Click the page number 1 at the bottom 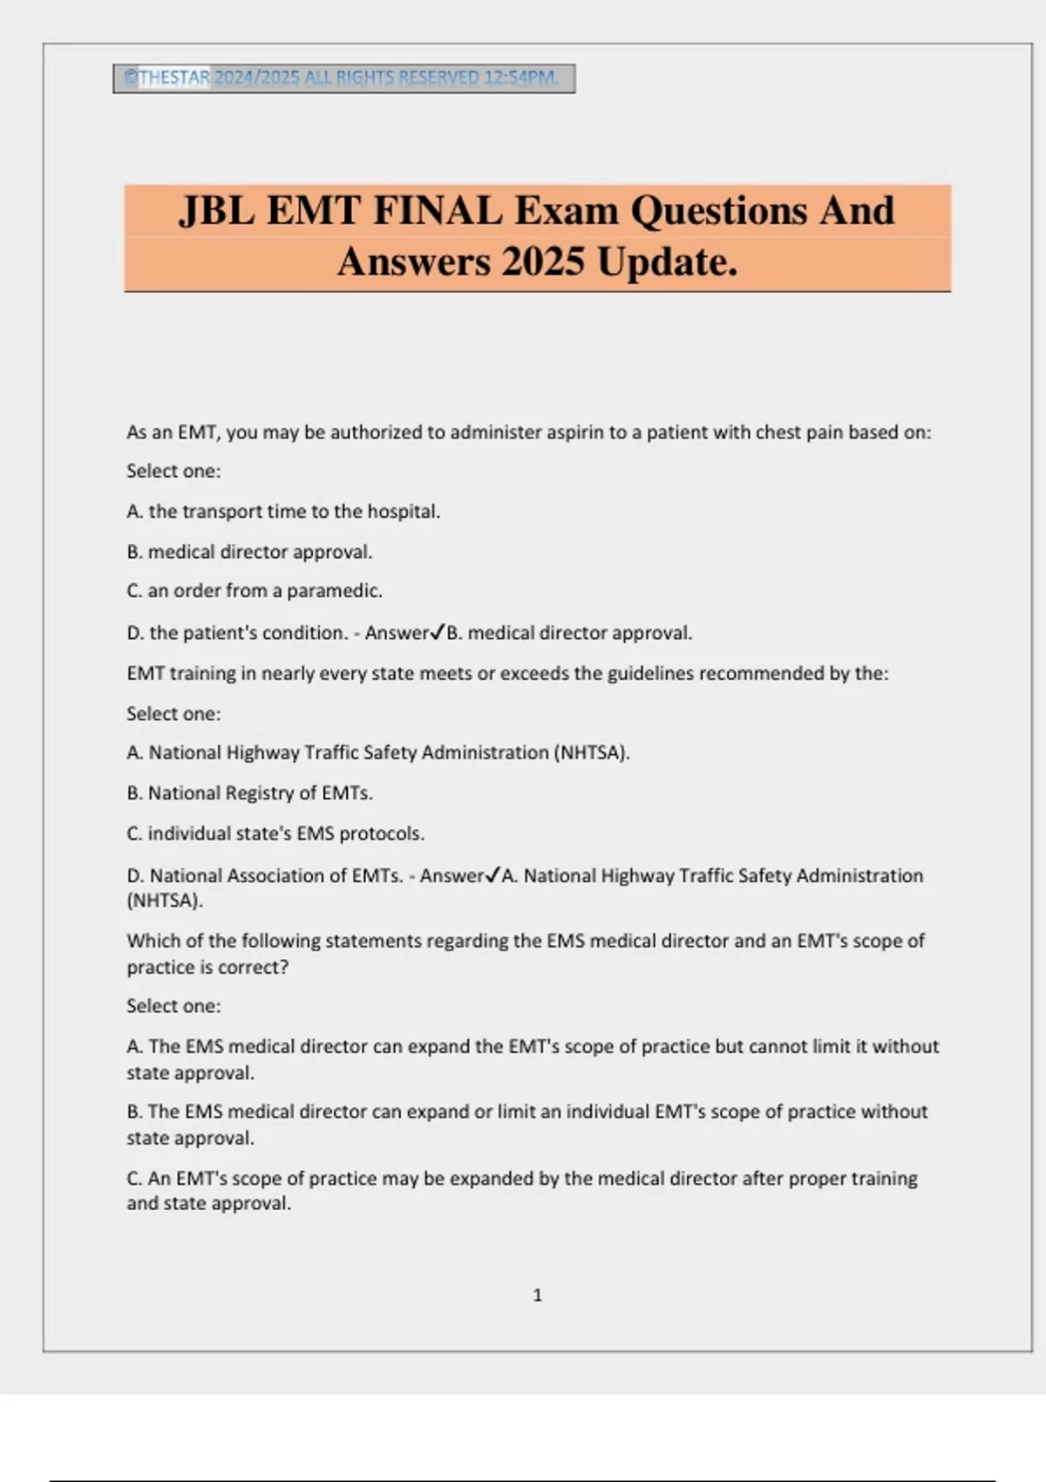[537, 1295]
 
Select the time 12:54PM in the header [520, 78]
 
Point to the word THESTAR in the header [174, 78]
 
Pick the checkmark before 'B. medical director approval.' [438, 632]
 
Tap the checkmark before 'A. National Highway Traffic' [493, 874]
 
